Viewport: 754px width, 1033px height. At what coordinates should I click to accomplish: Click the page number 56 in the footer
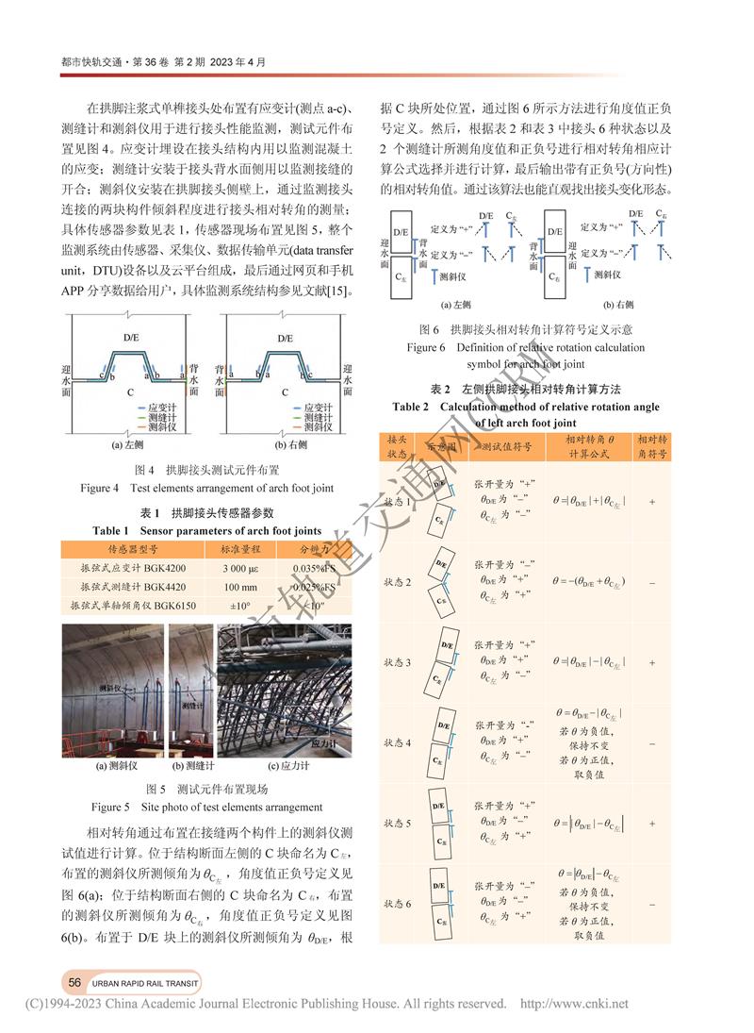pos(74,978)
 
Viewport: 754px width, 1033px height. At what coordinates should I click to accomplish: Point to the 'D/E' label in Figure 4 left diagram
pos(132,337)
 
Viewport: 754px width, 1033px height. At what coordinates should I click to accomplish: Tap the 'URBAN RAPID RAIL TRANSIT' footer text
pos(145,978)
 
